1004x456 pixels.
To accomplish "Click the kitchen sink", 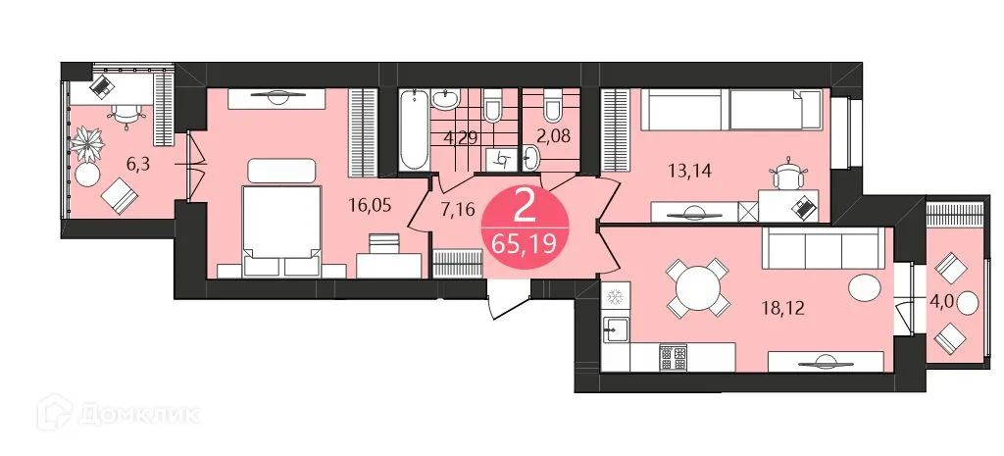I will coord(615,329).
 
